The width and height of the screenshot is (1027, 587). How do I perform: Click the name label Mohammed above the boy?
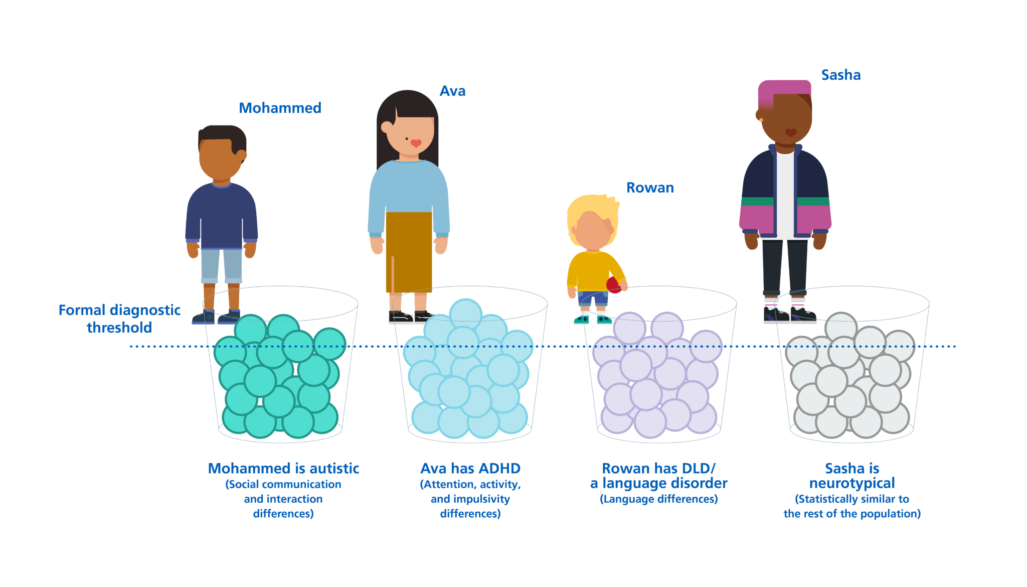(280, 108)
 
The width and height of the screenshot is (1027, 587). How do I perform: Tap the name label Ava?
(452, 91)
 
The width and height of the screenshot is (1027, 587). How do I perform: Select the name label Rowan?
(650, 188)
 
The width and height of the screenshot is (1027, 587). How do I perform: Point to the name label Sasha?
(841, 75)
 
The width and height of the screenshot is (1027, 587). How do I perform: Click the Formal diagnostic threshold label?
(119, 319)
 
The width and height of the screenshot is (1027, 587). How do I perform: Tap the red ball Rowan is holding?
(614, 285)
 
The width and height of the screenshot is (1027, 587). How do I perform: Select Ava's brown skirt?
(409, 252)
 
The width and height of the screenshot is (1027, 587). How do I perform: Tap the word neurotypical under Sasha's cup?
(852, 484)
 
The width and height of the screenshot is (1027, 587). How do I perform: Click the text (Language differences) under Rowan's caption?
(659, 499)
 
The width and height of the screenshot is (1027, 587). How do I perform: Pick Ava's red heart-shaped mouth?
(416, 143)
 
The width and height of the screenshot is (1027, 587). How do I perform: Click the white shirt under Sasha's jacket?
(785, 196)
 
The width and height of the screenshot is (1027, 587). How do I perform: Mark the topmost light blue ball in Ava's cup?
(465, 314)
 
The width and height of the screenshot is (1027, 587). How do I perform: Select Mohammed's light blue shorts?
(222, 266)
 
